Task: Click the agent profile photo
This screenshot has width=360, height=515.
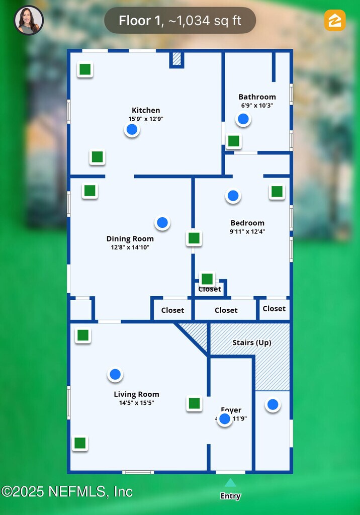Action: coord(29,20)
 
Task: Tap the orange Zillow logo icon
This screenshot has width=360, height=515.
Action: coord(335,20)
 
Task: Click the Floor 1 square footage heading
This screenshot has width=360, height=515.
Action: coord(180,21)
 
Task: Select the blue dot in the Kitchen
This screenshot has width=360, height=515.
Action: coord(132,130)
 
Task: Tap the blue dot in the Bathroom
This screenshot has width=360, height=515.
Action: coord(243,119)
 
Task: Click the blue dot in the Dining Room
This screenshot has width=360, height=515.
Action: coord(162,222)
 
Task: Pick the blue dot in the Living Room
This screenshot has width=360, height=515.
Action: coord(115,374)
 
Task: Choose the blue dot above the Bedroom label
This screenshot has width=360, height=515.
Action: coord(233,196)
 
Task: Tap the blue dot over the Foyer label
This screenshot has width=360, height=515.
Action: coord(225,419)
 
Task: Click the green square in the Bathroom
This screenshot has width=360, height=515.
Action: coord(233,141)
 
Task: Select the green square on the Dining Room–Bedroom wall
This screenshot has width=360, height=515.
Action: coord(194,238)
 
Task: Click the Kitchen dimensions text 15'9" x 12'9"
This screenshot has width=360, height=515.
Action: coord(146,119)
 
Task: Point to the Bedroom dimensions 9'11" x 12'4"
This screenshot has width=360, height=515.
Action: coord(247,232)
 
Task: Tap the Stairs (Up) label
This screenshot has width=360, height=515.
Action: coord(251,343)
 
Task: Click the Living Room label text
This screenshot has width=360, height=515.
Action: coord(136,394)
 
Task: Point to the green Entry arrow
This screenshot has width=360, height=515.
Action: coord(230,483)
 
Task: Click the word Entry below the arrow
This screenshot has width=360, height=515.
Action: coord(230,496)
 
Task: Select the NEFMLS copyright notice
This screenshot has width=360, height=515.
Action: coord(67,491)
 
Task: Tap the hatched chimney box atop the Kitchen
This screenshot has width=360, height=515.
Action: coord(176,59)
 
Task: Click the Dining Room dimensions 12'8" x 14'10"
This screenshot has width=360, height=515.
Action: coord(130,247)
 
